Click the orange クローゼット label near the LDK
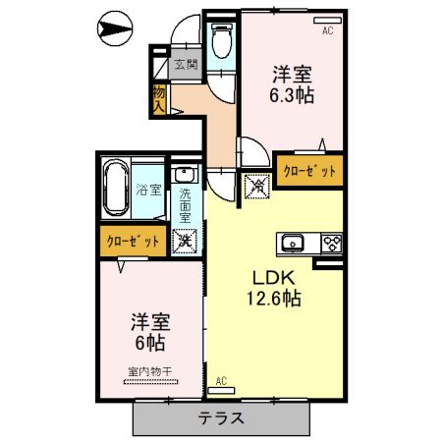[309, 171]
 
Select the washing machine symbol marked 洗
[185, 240]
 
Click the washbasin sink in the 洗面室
[185, 176]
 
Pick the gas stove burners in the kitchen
[329, 244]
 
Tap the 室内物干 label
[148, 370]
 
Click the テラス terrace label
[222, 417]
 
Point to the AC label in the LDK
[221, 380]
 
